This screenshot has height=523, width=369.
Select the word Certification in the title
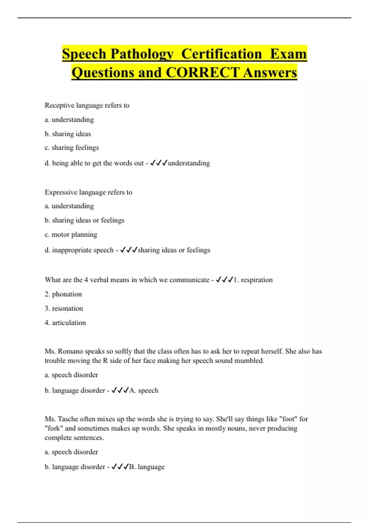click(x=221, y=54)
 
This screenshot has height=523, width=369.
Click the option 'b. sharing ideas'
click(x=68, y=134)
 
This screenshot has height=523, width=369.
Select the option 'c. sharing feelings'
click(x=72, y=148)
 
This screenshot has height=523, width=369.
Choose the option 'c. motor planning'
click(x=71, y=234)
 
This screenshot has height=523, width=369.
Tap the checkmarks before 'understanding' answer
click(x=158, y=163)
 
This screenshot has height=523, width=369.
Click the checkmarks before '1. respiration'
click(x=224, y=280)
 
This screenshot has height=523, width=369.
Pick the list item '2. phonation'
click(x=63, y=294)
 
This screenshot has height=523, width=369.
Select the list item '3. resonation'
click(x=64, y=308)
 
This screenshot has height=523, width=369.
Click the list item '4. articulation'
click(x=65, y=323)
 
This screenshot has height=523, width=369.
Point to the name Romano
click(x=71, y=351)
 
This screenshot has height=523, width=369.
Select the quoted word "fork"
click(x=54, y=428)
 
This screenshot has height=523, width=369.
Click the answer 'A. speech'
click(x=144, y=390)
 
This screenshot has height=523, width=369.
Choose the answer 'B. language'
click(x=147, y=467)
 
